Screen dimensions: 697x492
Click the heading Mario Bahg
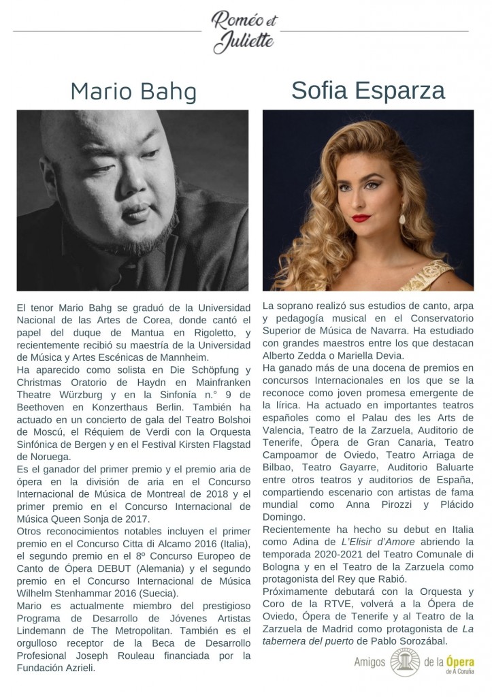click(133, 91)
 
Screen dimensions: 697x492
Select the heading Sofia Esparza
click(368, 90)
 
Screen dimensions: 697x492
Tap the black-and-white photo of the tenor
click(133, 200)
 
